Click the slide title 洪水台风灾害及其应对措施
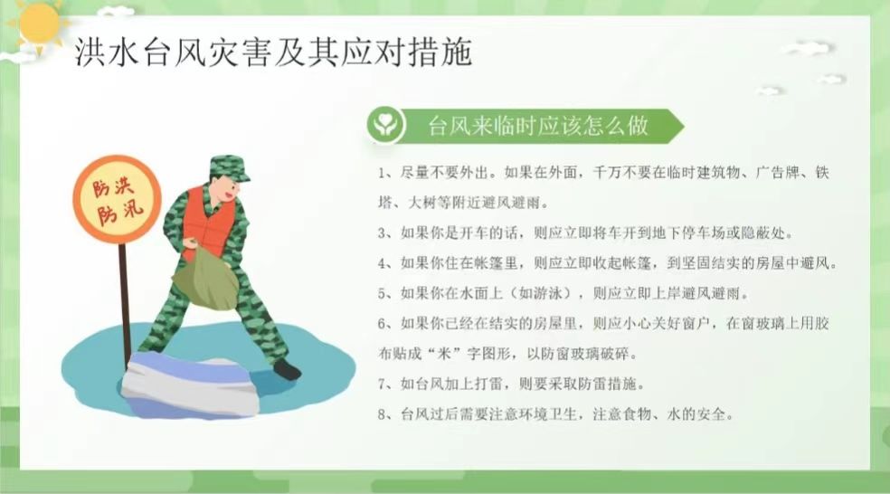(x=273, y=52)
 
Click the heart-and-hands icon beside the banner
(x=386, y=124)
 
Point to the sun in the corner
(x=37, y=24)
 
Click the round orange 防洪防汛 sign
(x=117, y=200)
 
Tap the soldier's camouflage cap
(x=229, y=167)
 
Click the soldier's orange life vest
(x=208, y=223)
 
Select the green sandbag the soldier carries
(x=205, y=281)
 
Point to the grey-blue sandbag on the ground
(x=190, y=384)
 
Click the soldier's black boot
(x=288, y=370)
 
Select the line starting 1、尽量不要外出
(x=603, y=172)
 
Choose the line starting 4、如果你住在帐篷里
(x=607, y=263)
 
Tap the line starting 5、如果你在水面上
(x=563, y=293)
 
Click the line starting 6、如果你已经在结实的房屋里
(x=603, y=323)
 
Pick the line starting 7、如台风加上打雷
(x=511, y=384)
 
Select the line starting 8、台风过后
(x=555, y=414)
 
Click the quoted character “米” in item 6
(x=443, y=354)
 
